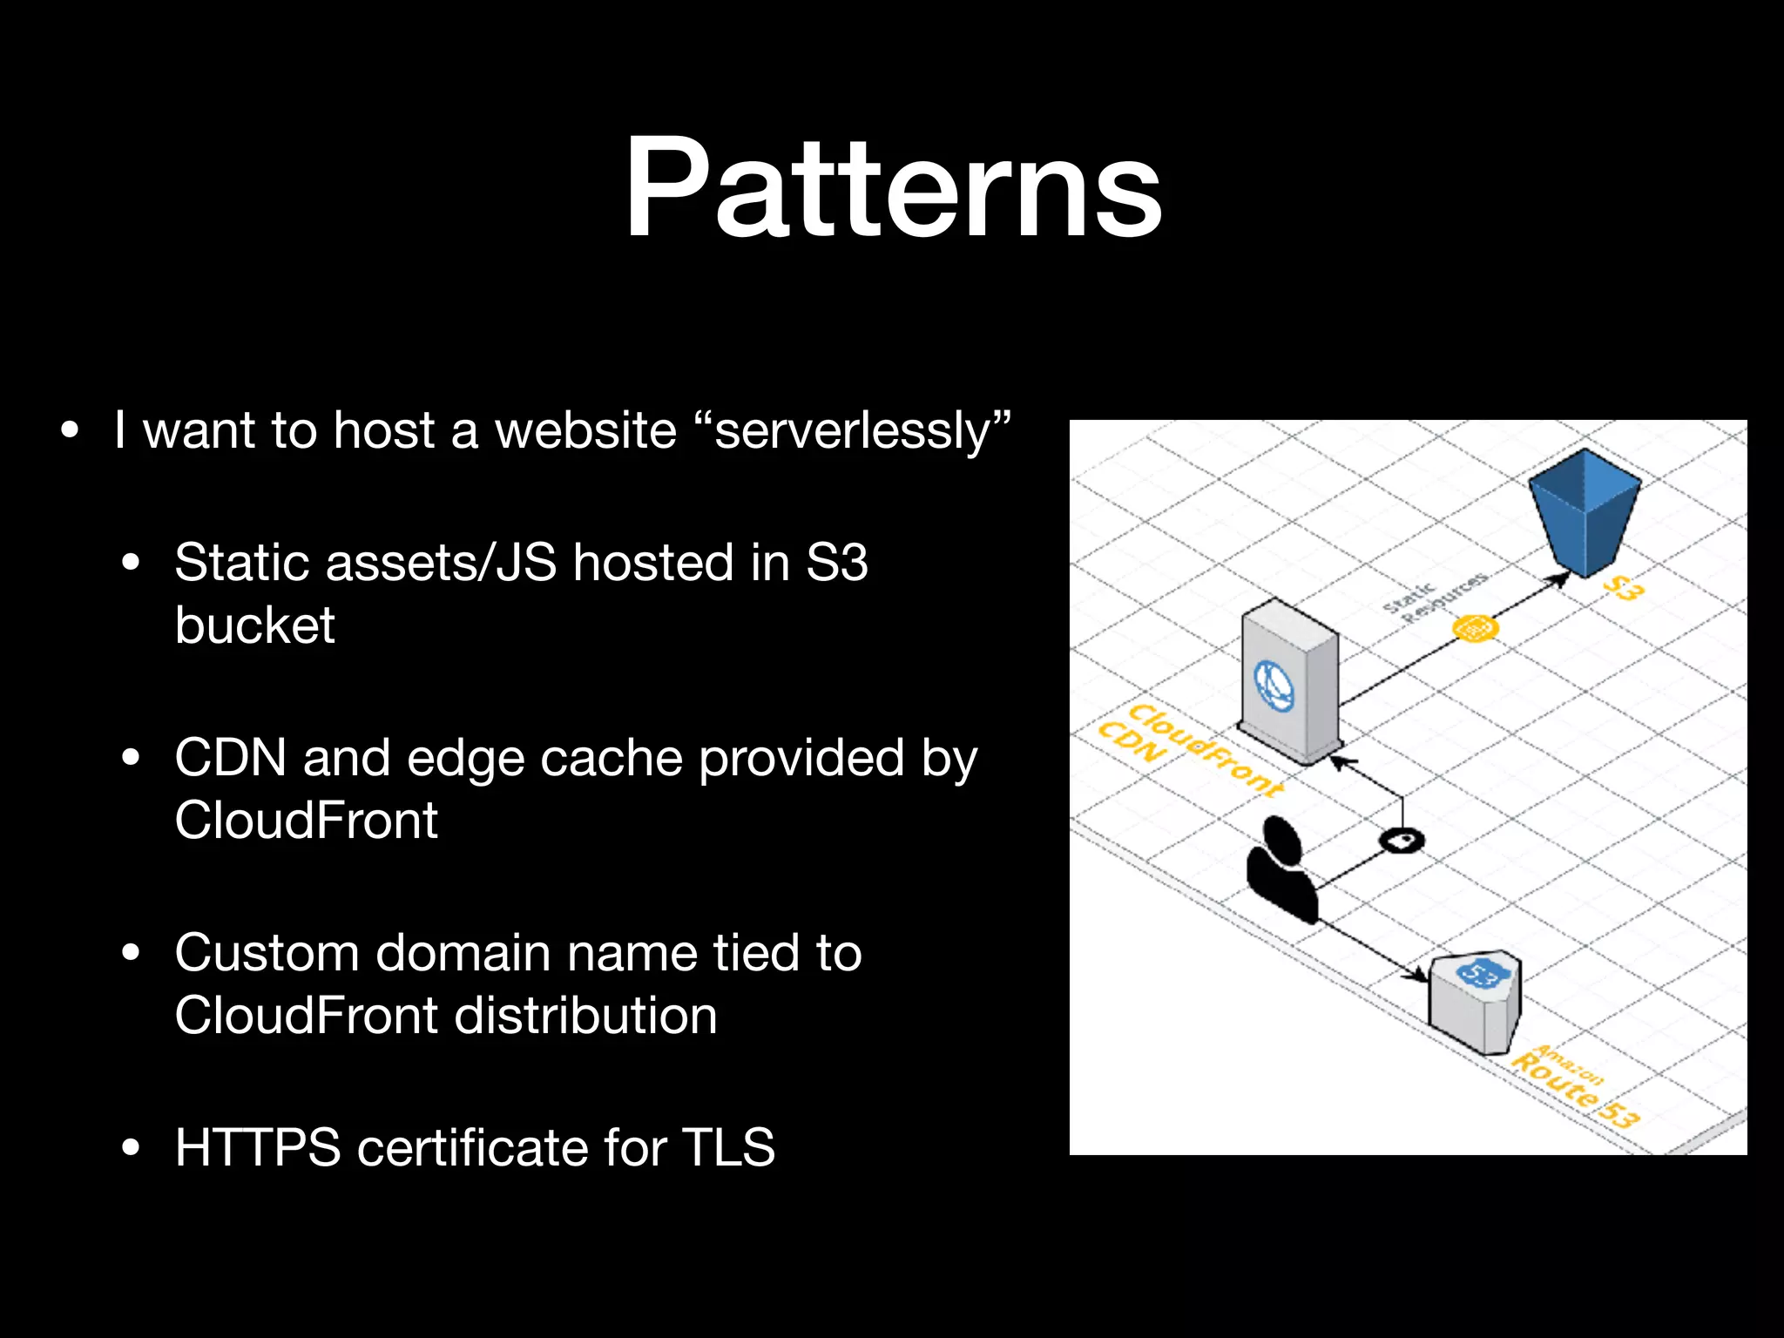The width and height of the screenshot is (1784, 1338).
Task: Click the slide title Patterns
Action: pos(892,187)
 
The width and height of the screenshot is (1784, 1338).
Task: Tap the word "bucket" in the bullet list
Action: pos(254,625)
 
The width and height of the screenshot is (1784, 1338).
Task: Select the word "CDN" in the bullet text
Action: pos(230,757)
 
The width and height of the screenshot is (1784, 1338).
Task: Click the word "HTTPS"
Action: pos(258,1147)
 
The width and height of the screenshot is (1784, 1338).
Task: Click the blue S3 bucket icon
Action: pos(1585,510)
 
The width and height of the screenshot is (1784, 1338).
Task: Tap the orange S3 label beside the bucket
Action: pos(1624,588)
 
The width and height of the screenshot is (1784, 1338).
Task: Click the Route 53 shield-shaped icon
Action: pos(1476,1000)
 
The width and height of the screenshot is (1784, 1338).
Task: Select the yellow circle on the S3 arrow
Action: pos(1475,627)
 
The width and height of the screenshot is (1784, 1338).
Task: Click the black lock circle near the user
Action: pos(1402,840)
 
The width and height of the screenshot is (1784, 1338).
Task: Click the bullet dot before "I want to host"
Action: pos(70,430)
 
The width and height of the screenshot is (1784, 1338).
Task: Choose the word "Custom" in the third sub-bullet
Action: pos(267,953)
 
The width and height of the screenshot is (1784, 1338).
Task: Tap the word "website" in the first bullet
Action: pos(585,431)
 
